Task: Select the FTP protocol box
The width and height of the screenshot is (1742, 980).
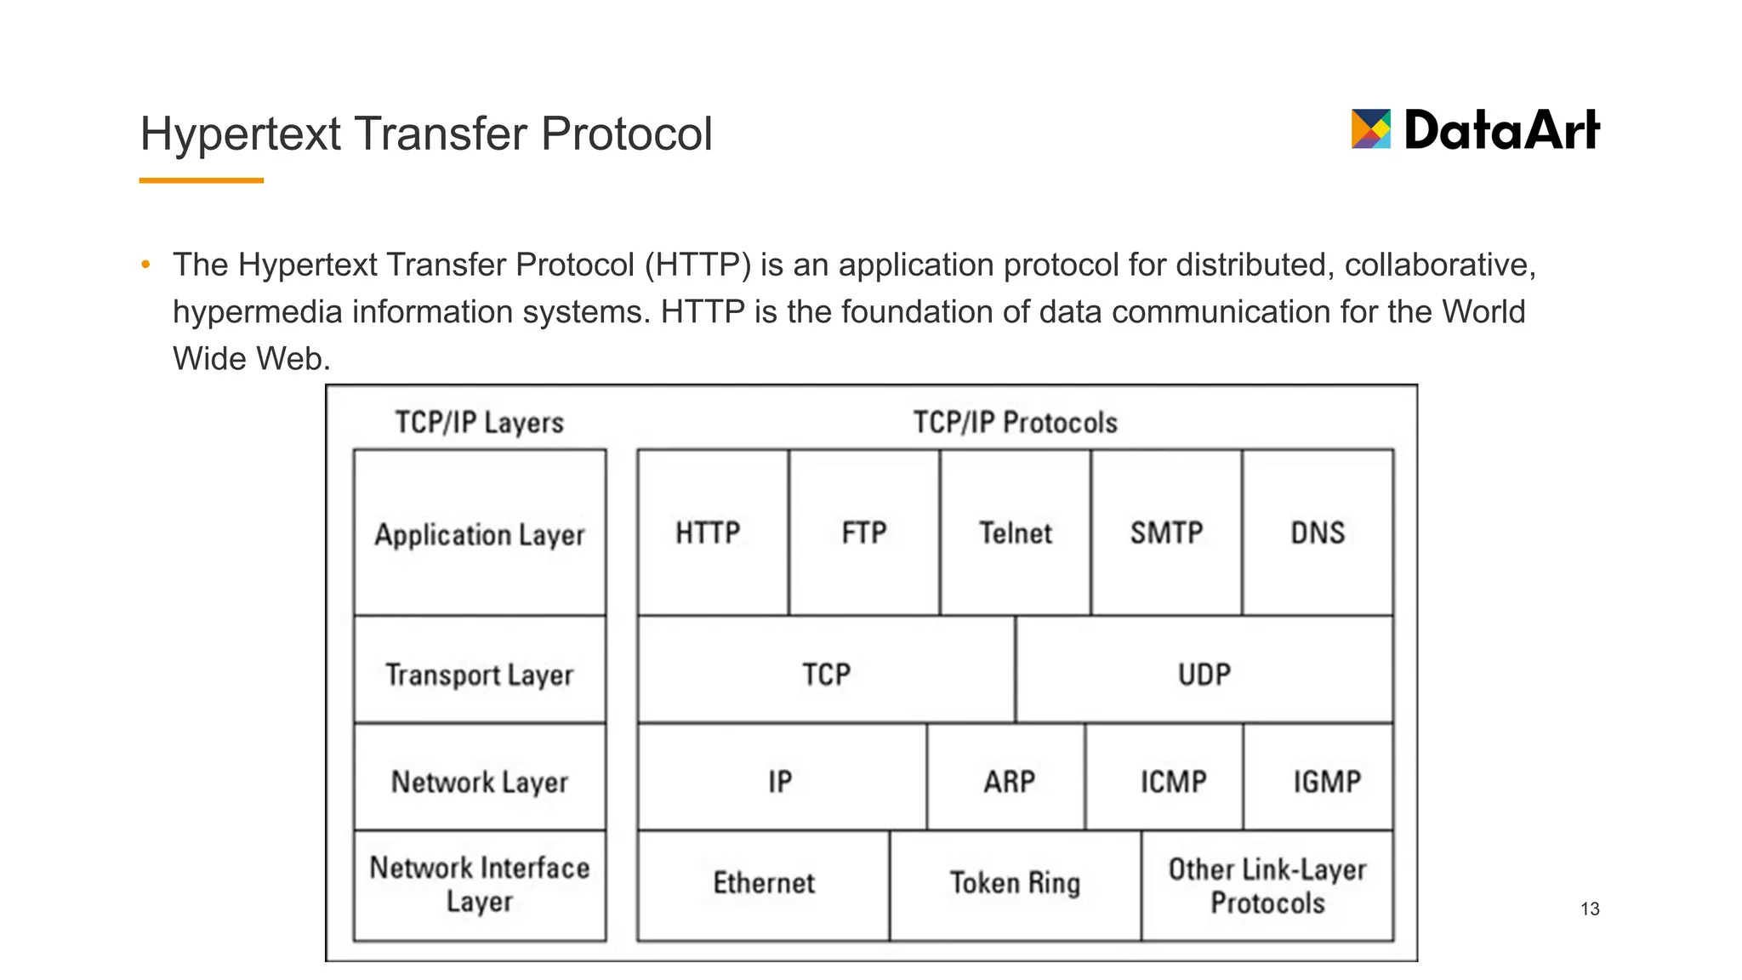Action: click(864, 533)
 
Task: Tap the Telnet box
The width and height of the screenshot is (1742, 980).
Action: click(1016, 533)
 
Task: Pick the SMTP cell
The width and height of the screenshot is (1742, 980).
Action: click(1166, 533)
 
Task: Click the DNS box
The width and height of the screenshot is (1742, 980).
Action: click(1318, 533)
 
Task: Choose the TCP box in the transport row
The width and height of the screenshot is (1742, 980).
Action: click(826, 673)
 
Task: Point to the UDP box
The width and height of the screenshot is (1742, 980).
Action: click(1204, 673)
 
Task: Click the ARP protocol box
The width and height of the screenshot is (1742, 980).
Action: click(1009, 780)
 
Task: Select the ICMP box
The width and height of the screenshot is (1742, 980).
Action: click(1173, 780)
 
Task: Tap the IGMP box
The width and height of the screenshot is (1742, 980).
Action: click(1326, 780)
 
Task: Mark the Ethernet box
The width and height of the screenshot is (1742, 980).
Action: click(764, 883)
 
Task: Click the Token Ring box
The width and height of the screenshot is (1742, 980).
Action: click(1015, 883)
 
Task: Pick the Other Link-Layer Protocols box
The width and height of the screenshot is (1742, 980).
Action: click(1267, 886)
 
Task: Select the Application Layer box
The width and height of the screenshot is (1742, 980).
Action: click(480, 534)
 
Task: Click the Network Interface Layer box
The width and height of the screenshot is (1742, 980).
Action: click(480, 885)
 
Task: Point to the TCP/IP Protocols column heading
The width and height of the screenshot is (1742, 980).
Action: click(1015, 422)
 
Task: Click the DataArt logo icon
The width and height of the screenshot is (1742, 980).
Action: click(1370, 129)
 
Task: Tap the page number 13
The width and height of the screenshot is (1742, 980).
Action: click(1590, 909)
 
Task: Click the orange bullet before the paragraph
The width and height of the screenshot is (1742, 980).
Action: click(146, 265)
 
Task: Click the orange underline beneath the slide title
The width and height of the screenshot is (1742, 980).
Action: click(201, 180)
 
